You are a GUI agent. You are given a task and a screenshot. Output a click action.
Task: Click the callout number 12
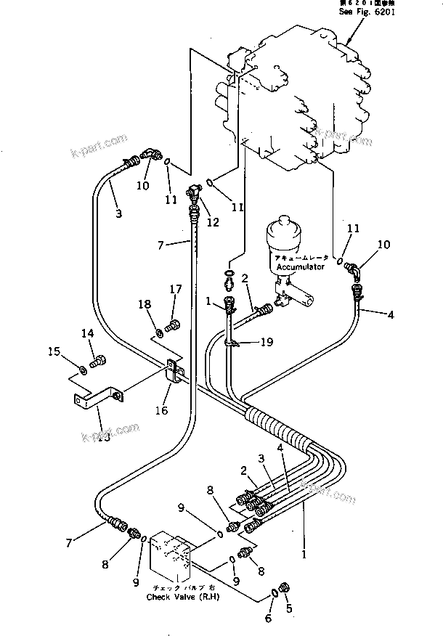point(212,223)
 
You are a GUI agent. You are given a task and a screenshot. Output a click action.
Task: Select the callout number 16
point(160,410)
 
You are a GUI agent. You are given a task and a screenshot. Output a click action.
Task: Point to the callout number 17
point(176,289)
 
